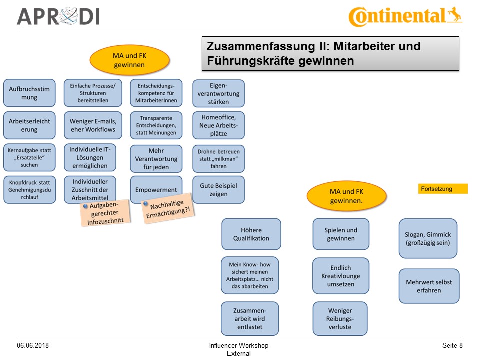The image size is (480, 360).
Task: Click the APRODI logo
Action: (58, 16)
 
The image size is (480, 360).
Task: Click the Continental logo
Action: (405, 16)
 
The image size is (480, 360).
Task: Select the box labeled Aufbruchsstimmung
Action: (29, 93)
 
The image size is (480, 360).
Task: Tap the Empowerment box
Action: (156, 190)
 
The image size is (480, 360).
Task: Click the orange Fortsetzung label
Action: (443, 189)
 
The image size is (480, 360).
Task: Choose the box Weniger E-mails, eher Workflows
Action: (92, 125)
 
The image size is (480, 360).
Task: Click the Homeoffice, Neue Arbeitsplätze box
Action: (219, 125)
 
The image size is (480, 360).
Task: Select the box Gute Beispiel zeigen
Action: (219, 190)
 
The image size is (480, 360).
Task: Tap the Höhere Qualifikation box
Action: (251, 234)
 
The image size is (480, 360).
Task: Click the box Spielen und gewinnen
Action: (341, 234)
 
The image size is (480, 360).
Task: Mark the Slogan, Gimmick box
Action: (428, 238)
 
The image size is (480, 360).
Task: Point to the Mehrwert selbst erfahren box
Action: (428, 286)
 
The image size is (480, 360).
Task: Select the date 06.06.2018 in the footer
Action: (33, 346)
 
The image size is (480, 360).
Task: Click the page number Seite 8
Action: (452, 346)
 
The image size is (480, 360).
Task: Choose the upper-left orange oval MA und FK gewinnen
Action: (129, 60)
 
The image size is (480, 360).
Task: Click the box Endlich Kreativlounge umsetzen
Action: (341, 276)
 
